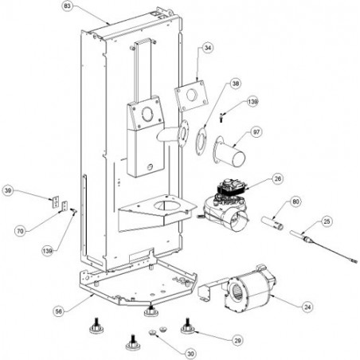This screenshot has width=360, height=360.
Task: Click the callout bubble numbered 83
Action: (68, 6)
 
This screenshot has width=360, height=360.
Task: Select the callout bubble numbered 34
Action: (209, 48)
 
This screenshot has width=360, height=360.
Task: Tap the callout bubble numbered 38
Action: (236, 84)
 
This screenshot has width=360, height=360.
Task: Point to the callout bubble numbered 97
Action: (256, 132)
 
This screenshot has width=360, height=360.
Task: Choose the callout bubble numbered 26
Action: (278, 179)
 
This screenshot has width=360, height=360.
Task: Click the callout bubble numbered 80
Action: (295, 202)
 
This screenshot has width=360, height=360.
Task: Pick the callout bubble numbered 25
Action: (327, 221)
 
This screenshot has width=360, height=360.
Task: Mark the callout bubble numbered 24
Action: (307, 307)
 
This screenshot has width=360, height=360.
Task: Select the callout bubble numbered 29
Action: (237, 340)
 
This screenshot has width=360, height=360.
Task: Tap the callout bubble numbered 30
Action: (190, 354)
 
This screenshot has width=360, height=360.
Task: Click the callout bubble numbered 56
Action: (59, 311)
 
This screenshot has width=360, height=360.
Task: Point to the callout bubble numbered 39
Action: (8, 191)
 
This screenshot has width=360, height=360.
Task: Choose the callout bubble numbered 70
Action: (20, 231)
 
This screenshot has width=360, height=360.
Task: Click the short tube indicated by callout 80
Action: (272, 223)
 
